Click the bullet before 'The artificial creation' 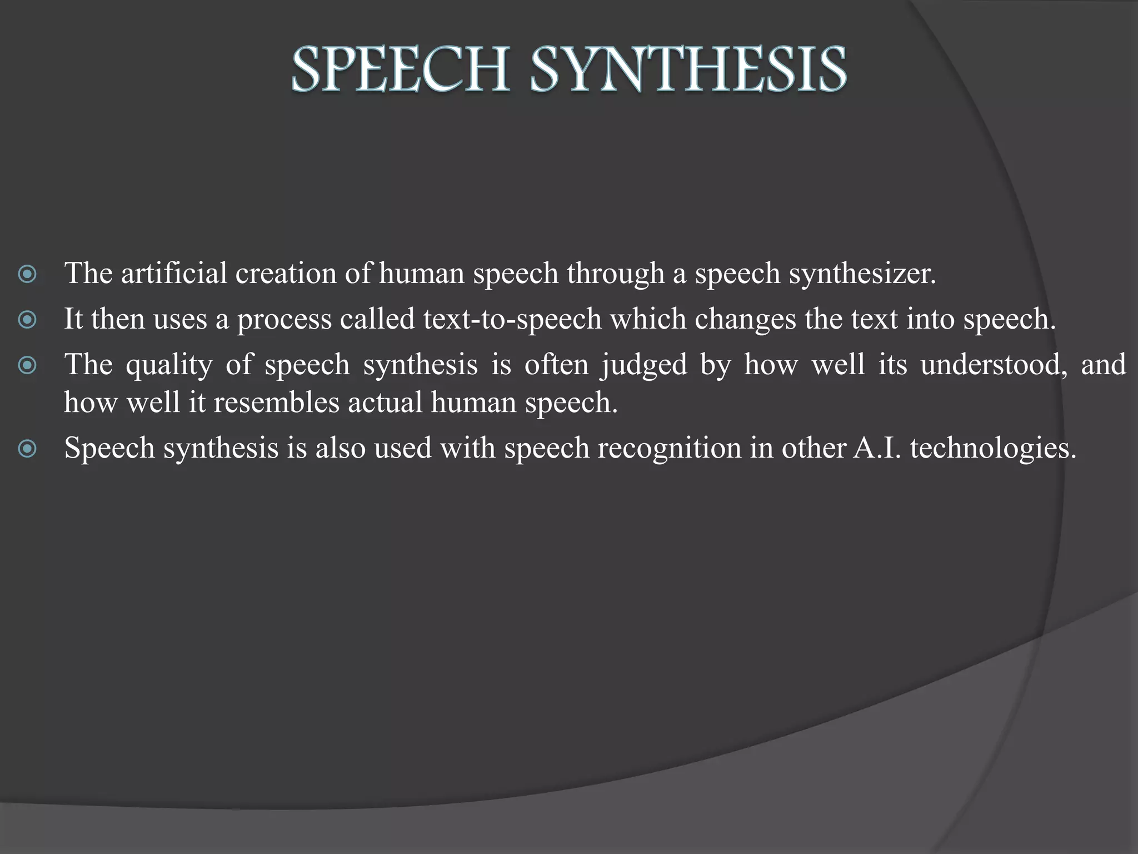27,274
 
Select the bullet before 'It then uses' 27,320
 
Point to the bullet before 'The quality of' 27,365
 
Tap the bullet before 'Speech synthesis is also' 27,449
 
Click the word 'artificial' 174,274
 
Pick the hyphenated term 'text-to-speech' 512,320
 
